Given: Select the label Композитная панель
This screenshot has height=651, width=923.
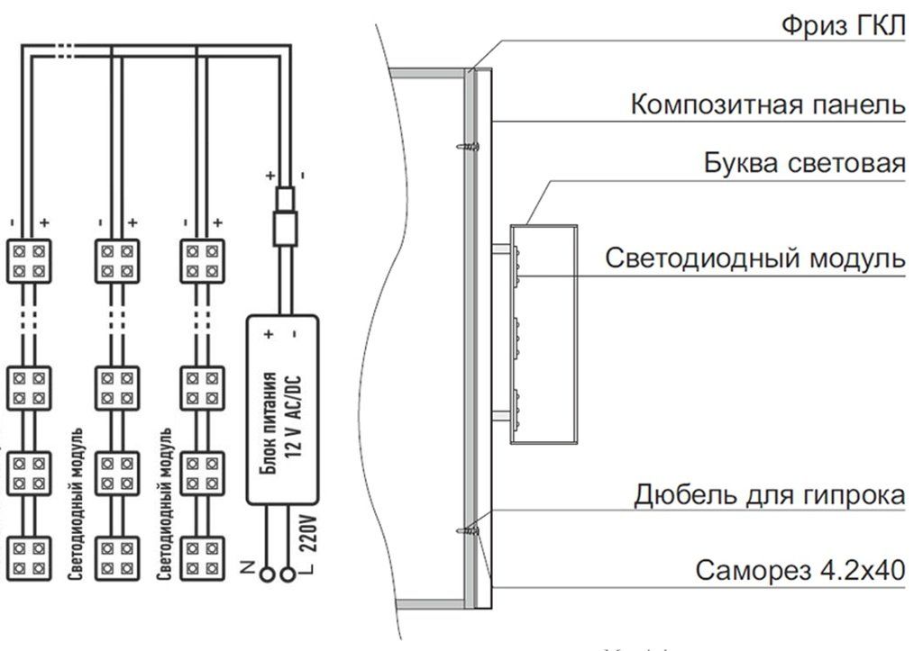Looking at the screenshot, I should coord(767,104).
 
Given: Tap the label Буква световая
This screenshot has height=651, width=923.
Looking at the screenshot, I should coord(804,165).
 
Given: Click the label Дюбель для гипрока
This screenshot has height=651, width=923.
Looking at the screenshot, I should coord(769,494).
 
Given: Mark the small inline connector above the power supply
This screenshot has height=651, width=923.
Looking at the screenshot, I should coord(286,215).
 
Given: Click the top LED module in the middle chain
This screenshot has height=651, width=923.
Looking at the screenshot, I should coord(116,260).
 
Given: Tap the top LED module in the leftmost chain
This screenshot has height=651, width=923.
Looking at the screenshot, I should coord(30,260).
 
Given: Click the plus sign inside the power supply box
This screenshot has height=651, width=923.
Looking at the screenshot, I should coord(268,334).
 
